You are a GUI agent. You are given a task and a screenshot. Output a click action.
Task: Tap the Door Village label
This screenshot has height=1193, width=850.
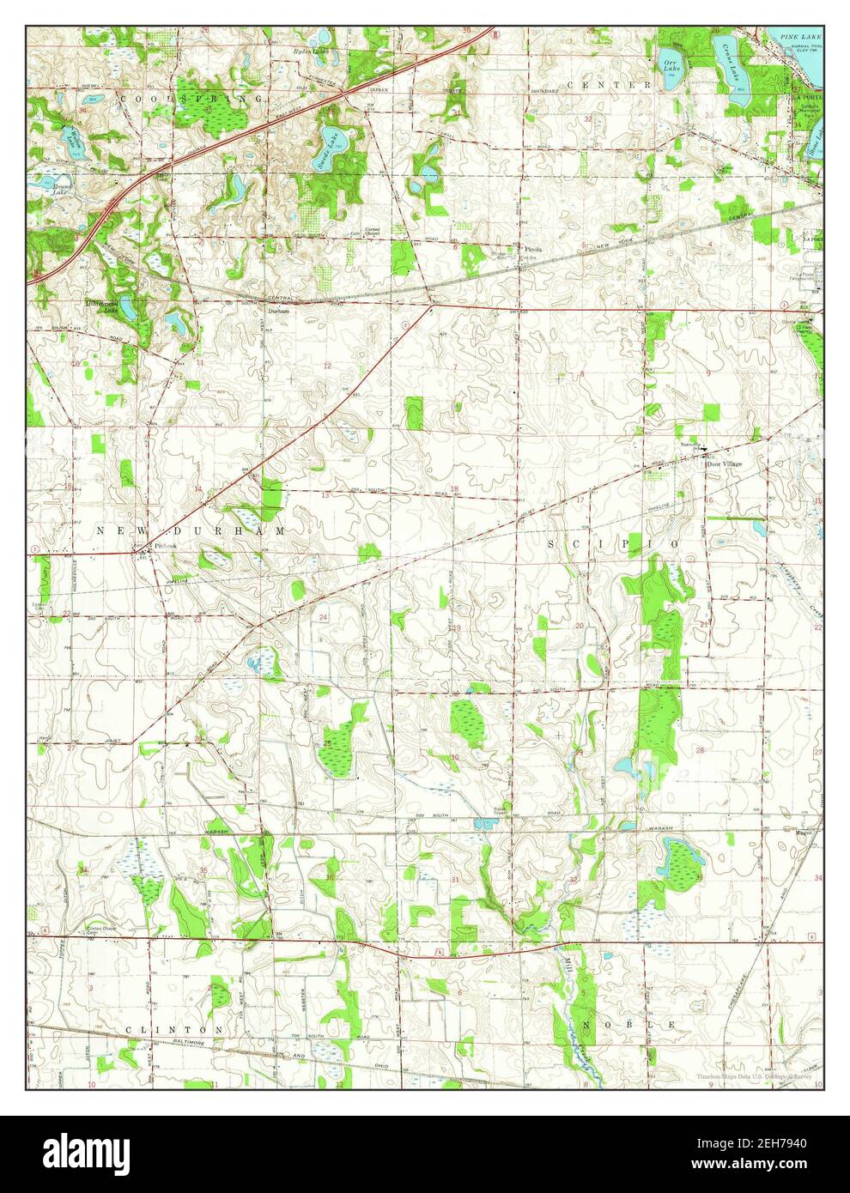[x=724, y=463]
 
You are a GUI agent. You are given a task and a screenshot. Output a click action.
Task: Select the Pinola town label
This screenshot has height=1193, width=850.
[x=533, y=250]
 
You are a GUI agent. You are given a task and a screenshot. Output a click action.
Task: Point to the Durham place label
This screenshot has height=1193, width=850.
[x=277, y=312]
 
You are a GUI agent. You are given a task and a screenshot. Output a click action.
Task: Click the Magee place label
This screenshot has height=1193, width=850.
[x=804, y=832]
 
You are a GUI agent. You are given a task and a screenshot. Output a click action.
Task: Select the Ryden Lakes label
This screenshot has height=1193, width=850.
[x=310, y=51]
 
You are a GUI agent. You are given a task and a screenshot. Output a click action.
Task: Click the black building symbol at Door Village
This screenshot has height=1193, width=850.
[x=704, y=450]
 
